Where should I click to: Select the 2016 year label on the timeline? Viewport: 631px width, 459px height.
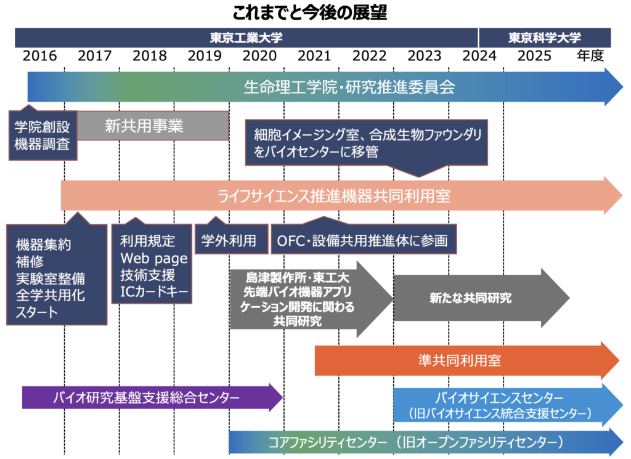(x=40, y=56)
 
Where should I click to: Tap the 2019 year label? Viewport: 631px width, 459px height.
(x=205, y=56)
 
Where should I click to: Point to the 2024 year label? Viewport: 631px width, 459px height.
(x=480, y=56)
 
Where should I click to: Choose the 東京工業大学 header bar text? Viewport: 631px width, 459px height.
(x=246, y=38)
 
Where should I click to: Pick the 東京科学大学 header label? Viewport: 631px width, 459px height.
(x=544, y=38)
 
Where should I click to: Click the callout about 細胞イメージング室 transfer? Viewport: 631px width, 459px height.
(x=367, y=142)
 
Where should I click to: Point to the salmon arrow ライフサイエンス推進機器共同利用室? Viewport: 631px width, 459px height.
(x=334, y=196)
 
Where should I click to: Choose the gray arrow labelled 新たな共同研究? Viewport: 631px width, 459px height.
(x=471, y=298)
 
